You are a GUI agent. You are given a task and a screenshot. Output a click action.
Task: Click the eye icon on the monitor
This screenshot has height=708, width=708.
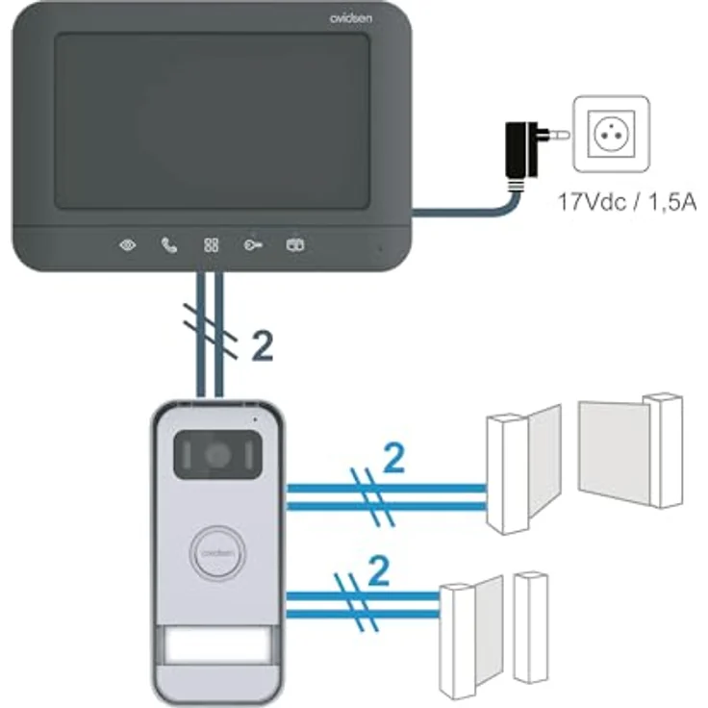tap(127, 245)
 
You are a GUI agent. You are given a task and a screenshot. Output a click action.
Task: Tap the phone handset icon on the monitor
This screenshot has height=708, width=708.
tap(169, 245)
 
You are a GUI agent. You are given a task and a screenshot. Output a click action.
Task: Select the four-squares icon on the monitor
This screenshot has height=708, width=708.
tap(211, 245)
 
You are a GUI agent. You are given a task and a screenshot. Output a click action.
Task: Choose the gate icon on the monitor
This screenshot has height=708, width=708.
tap(295, 244)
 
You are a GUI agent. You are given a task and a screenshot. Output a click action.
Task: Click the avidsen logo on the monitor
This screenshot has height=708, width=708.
tap(351, 18)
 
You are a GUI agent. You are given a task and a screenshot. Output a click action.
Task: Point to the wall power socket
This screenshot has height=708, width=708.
tap(612, 134)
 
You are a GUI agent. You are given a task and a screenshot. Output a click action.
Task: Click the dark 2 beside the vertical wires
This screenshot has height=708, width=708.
tap(262, 346)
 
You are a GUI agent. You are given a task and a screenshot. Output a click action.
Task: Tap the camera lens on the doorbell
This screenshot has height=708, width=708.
tap(217, 454)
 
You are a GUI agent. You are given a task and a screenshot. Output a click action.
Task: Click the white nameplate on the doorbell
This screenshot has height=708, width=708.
tap(217, 645)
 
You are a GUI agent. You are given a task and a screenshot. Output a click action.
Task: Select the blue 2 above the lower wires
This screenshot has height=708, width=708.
tap(378, 571)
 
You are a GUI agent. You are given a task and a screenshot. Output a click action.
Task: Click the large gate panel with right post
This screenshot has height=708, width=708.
tap(631, 450)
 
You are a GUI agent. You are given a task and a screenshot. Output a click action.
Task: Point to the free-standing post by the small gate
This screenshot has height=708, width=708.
tap(531, 627)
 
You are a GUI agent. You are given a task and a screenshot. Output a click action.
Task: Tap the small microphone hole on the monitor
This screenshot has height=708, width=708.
tap(380, 248)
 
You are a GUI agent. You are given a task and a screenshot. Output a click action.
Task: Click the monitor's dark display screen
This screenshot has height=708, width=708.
tap(213, 121)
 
